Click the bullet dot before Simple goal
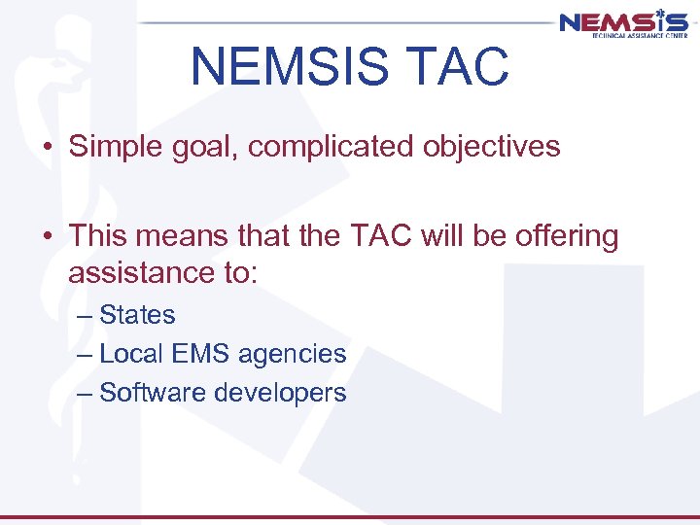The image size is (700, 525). point(47,148)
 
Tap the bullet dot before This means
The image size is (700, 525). point(47,237)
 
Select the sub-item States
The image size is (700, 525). point(137,315)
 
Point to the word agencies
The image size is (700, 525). point(291,355)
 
